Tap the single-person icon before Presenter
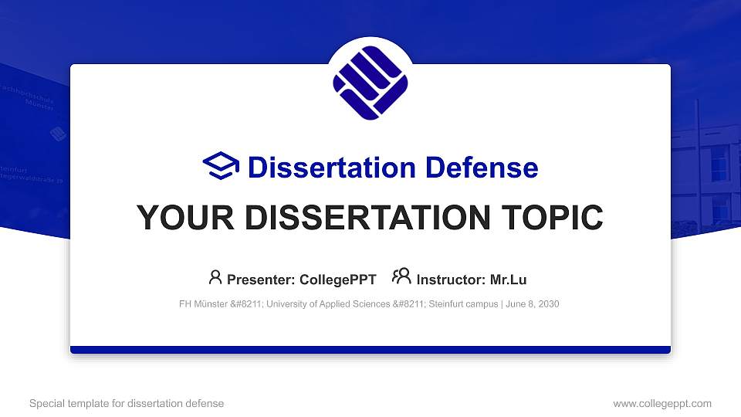(215, 276)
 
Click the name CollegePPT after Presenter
(335, 280)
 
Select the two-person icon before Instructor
(402, 276)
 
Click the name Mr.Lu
(508, 280)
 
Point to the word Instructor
(449, 280)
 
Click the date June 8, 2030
(533, 304)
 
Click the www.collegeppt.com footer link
(662, 403)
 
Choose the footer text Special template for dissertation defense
(127, 403)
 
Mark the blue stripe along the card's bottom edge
(370, 350)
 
